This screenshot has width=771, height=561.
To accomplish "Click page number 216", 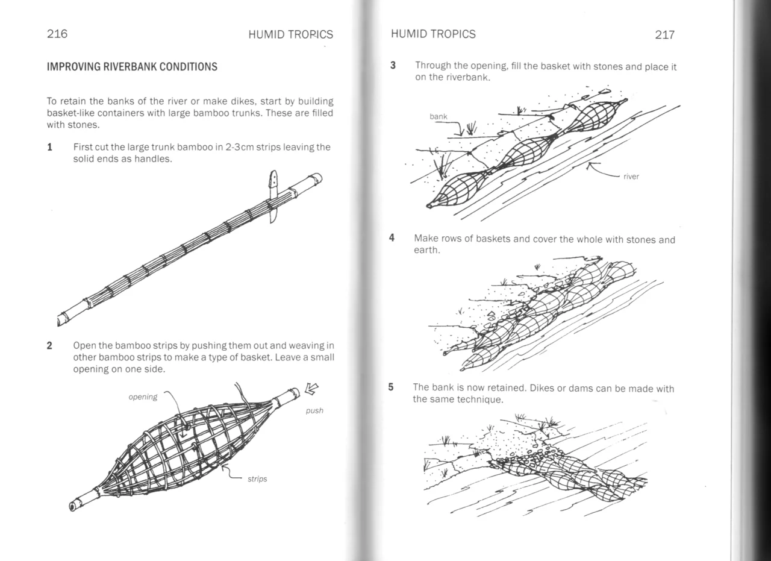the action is pos(57,34).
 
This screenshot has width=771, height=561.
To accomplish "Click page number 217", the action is pos(664,35).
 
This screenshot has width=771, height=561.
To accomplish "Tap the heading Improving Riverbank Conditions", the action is pos(132,67).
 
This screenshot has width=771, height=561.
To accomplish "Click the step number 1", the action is pos(50,147).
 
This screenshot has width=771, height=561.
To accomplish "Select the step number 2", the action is pos(50,346).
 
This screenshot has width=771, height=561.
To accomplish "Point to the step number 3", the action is pos(393,65).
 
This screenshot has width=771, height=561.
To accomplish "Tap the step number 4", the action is pos(392,237).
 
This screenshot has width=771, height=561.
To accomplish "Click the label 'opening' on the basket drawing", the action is pos(143,396).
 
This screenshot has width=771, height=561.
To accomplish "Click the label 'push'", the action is pos(314,410).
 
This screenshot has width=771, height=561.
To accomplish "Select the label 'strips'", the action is pos(257,479).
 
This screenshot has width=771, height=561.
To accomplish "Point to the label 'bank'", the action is pos(439,116).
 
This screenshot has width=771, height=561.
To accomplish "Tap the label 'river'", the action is pos(631,177).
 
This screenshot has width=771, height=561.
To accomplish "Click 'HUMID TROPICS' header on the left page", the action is pos(290,35).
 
